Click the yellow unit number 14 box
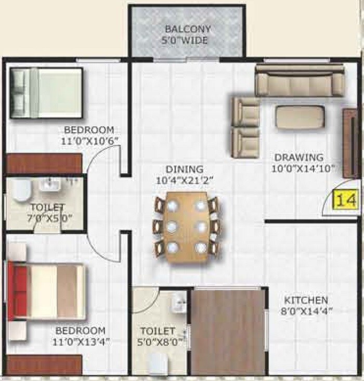click(x=345, y=200)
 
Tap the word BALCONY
click(x=187, y=29)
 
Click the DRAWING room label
click(x=299, y=157)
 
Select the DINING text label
click(x=185, y=169)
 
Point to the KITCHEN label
click(x=306, y=300)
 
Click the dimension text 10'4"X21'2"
click(x=185, y=181)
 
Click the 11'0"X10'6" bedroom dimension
click(x=89, y=141)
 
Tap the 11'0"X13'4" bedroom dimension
click(x=81, y=342)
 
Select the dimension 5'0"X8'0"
click(x=157, y=342)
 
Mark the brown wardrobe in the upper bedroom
click(x=44, y=164)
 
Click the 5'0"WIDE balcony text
click(x=187, y=40)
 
